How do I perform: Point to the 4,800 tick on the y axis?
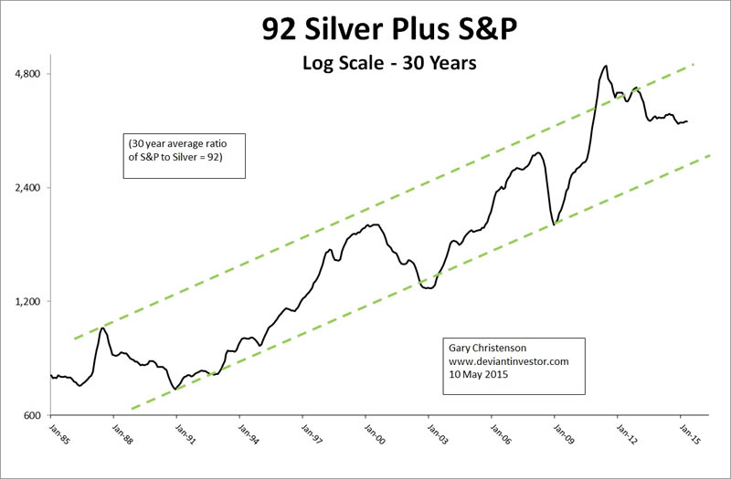pyautogui.click(x=37, y=74)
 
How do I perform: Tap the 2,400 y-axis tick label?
pyautogui.click(x=37, y=188)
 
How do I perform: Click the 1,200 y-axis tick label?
pyautogui.click(x=37, y=302)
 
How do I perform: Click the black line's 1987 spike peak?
pyautogui.click(x=102, y=328)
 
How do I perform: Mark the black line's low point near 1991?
pyautogui.click(x=175, y=389)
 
